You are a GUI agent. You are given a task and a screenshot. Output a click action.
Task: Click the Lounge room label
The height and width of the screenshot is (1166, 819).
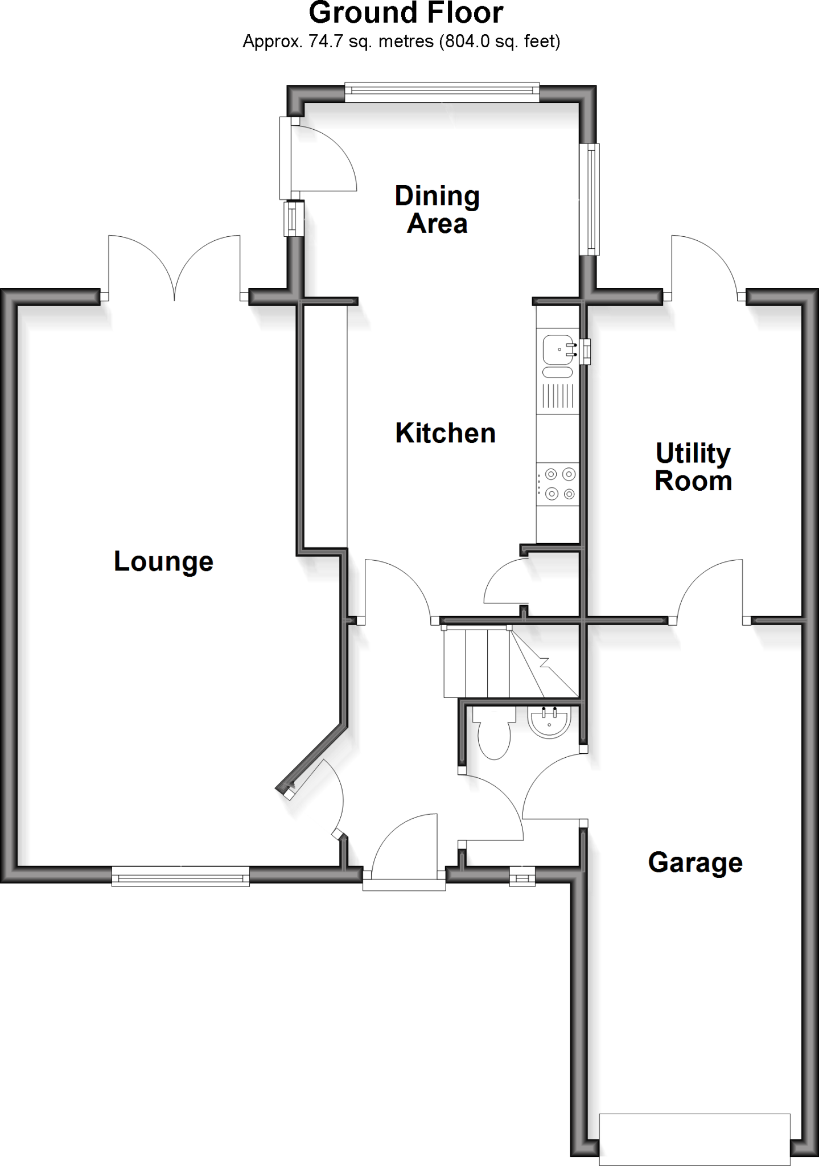click(163, 562)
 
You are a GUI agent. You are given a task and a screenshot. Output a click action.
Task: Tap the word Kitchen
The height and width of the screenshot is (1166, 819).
click(445, 433)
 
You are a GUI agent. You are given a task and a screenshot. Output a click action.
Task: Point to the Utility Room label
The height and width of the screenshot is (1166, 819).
click(693, 467)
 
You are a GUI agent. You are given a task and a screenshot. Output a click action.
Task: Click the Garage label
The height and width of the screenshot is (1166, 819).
click(695, 863)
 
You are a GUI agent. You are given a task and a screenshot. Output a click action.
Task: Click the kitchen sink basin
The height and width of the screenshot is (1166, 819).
click(557, 349)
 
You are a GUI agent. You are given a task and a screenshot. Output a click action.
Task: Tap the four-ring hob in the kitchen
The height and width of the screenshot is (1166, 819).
click(558, 483)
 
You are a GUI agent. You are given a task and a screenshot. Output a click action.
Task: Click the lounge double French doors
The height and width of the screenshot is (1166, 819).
click(174, 268)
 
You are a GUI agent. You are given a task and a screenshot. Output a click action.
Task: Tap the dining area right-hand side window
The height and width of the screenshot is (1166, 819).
click(592, 199)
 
